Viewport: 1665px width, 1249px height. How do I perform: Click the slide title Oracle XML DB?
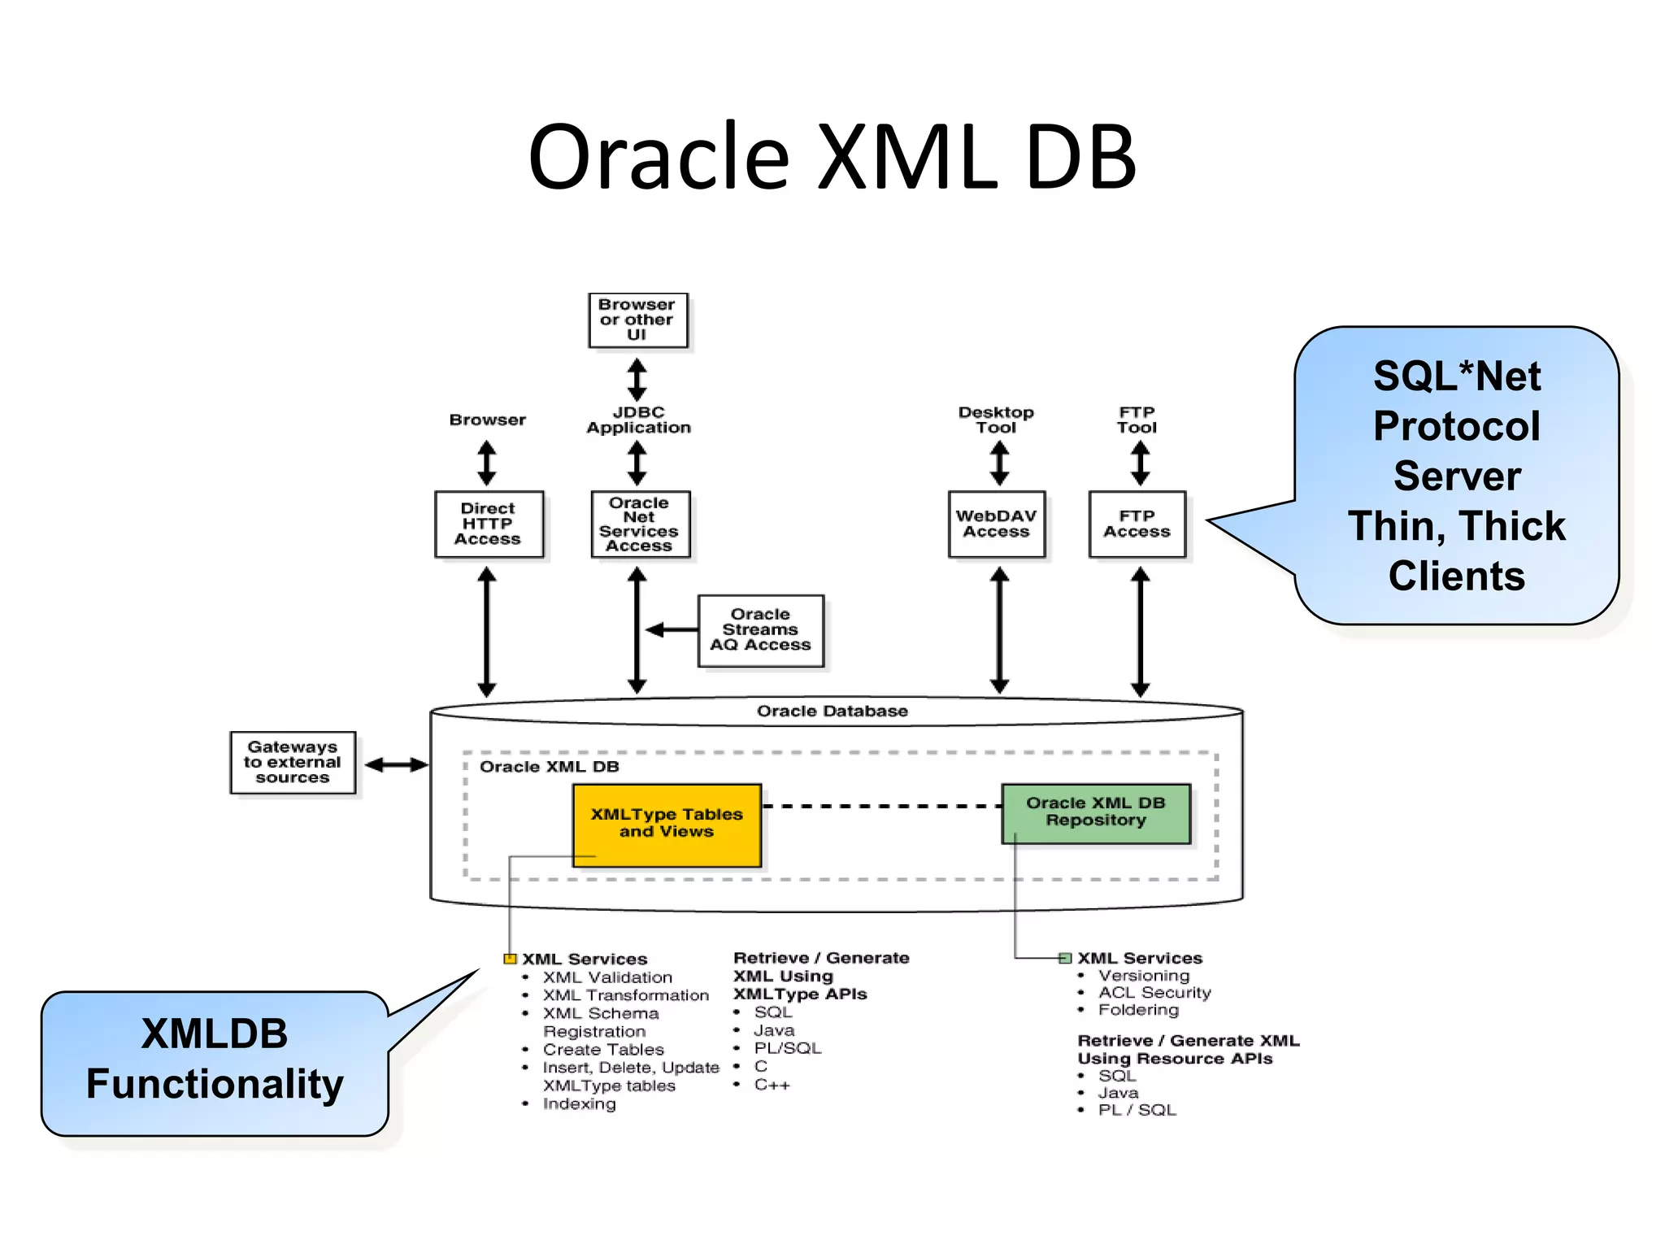point(832,157)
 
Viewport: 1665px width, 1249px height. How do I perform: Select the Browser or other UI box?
point(637,320)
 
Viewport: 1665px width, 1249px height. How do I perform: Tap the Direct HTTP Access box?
point(488,524)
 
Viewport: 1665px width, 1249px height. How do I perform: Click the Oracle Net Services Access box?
point(640,524)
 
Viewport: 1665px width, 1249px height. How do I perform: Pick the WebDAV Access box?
point(996,524)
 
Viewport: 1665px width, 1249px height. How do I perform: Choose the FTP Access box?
point(1137,524)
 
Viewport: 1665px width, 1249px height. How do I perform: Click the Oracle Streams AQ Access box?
point(760,630)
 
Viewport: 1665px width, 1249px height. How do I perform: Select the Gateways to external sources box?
point(293,762)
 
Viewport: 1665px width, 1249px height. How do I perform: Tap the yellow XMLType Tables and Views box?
point(667,823)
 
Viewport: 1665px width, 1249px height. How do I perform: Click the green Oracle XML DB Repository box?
point(1095,812)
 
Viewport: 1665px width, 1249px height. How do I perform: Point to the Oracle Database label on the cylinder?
point(832,711)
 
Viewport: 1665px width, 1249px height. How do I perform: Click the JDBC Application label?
point(638,420)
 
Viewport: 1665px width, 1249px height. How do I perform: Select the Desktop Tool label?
point(996,420)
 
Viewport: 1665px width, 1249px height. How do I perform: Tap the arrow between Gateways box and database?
point(396,764)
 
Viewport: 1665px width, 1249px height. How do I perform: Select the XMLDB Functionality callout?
point(215,1060)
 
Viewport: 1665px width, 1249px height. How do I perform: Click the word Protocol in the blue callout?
point(1456,426)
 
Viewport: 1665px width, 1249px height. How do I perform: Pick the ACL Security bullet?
point(1154,992)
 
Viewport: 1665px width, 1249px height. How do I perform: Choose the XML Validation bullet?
point(607,977)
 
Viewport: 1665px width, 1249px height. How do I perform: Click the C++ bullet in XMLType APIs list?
point(772,1085)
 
